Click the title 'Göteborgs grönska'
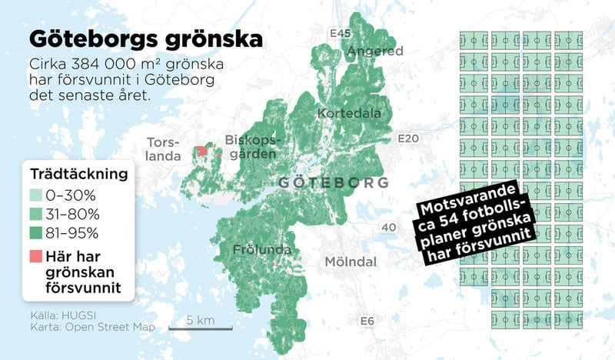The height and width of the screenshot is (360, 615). tap(145, 38)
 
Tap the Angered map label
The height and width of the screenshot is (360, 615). tap(375, 52)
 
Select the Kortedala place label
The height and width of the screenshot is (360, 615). tap(350, 114)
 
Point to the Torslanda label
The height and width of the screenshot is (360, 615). tap(163, 149)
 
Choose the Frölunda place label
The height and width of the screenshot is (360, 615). tap(263, 250)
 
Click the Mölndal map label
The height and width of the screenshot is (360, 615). tap(351, 262)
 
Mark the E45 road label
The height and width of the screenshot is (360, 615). tap(339, 34)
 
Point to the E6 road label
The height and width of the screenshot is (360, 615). tap(367, 321)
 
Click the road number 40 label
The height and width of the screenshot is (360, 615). tap(389, 228)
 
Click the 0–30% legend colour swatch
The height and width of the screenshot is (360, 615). tap(38, 197)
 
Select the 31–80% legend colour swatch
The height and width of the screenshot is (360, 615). tap(38, 215)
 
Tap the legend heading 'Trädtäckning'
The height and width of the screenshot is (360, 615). tap(78, 175)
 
